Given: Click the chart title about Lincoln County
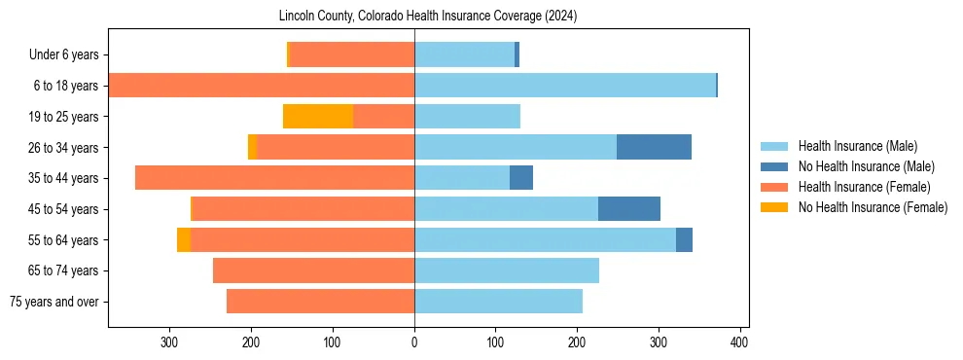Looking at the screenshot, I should point(428,17).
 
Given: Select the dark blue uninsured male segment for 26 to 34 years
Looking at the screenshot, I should point(654,147).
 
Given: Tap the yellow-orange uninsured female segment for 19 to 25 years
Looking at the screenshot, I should point(318,117).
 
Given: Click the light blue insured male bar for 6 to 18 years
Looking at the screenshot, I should point(564,86).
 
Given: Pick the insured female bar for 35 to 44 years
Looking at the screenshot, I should point(274,178).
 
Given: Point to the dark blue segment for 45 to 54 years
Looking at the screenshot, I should point(629,209).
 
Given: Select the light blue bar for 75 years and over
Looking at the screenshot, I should point(498,302).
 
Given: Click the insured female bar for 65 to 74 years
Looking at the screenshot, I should point(313,270).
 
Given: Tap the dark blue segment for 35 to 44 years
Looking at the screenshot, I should point(521,178).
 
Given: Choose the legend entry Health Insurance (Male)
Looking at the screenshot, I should point(857,146).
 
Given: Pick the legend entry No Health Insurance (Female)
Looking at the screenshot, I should point(871,207).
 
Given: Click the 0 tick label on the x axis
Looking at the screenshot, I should point(414,342).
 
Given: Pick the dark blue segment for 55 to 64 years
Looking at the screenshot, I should point(684,239).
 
